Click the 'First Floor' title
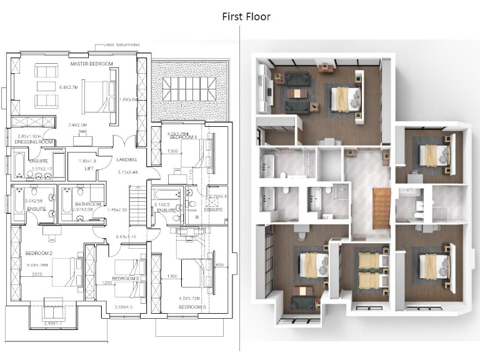[246, 16]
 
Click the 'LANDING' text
[127, 160]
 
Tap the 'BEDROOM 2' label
[38, 252]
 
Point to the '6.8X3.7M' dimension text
[67, 87]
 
